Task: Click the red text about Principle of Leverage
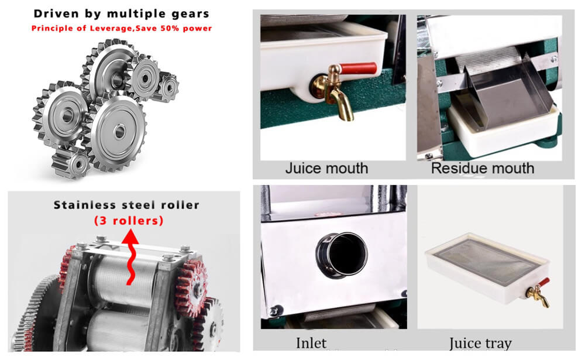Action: click(x=121, y=28)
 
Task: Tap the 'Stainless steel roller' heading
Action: click(x=126, y=205)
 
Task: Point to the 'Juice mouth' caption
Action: click(x=326, y=169)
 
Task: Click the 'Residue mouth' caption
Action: click(x=483, y=169)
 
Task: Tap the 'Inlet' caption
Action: click(x=311, y=344)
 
